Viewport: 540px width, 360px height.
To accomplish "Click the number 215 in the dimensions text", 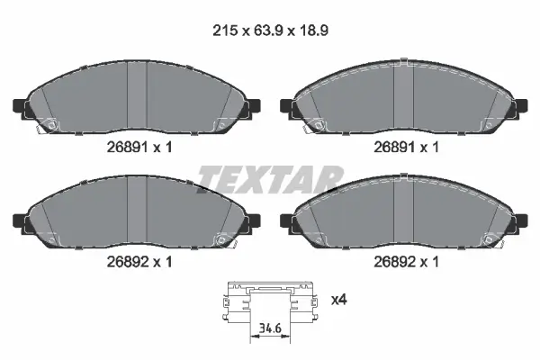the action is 225,31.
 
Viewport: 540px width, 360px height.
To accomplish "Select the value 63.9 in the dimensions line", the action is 268,31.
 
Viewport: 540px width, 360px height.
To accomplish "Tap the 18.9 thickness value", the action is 313,31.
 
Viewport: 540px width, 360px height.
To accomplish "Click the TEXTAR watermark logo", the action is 270,179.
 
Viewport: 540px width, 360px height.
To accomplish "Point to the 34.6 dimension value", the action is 270,328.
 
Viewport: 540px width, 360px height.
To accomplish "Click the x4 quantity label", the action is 339,300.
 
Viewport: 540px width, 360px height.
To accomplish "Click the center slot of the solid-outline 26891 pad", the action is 137,94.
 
